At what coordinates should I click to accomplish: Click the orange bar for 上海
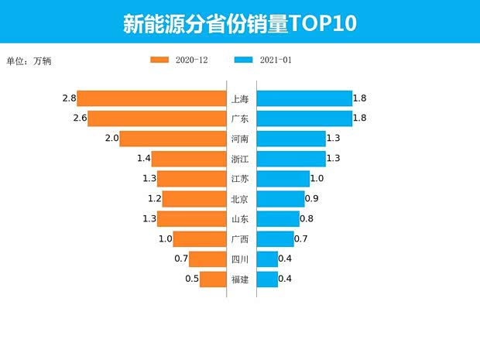coord(152,98)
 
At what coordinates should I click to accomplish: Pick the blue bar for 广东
coord(303,118)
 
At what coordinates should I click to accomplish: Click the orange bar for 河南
coord(173,139)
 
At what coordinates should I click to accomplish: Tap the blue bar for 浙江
coord(290,159)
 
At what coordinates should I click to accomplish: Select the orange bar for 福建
coord(212,279)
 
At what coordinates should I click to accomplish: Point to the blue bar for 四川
coord(267,259)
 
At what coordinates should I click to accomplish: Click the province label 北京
coord(240,199)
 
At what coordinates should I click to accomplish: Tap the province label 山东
coord(240,219)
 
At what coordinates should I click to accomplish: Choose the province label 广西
coord(240,238)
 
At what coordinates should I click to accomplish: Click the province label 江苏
coord(240,179)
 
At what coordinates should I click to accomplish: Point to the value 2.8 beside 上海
coord(69,98)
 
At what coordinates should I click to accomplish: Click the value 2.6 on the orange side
coord(79,118)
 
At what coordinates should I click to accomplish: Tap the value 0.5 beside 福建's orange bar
coord(191,279)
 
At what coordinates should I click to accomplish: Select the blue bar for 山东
coord(277,219)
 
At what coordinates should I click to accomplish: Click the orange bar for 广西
coord(199,238)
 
